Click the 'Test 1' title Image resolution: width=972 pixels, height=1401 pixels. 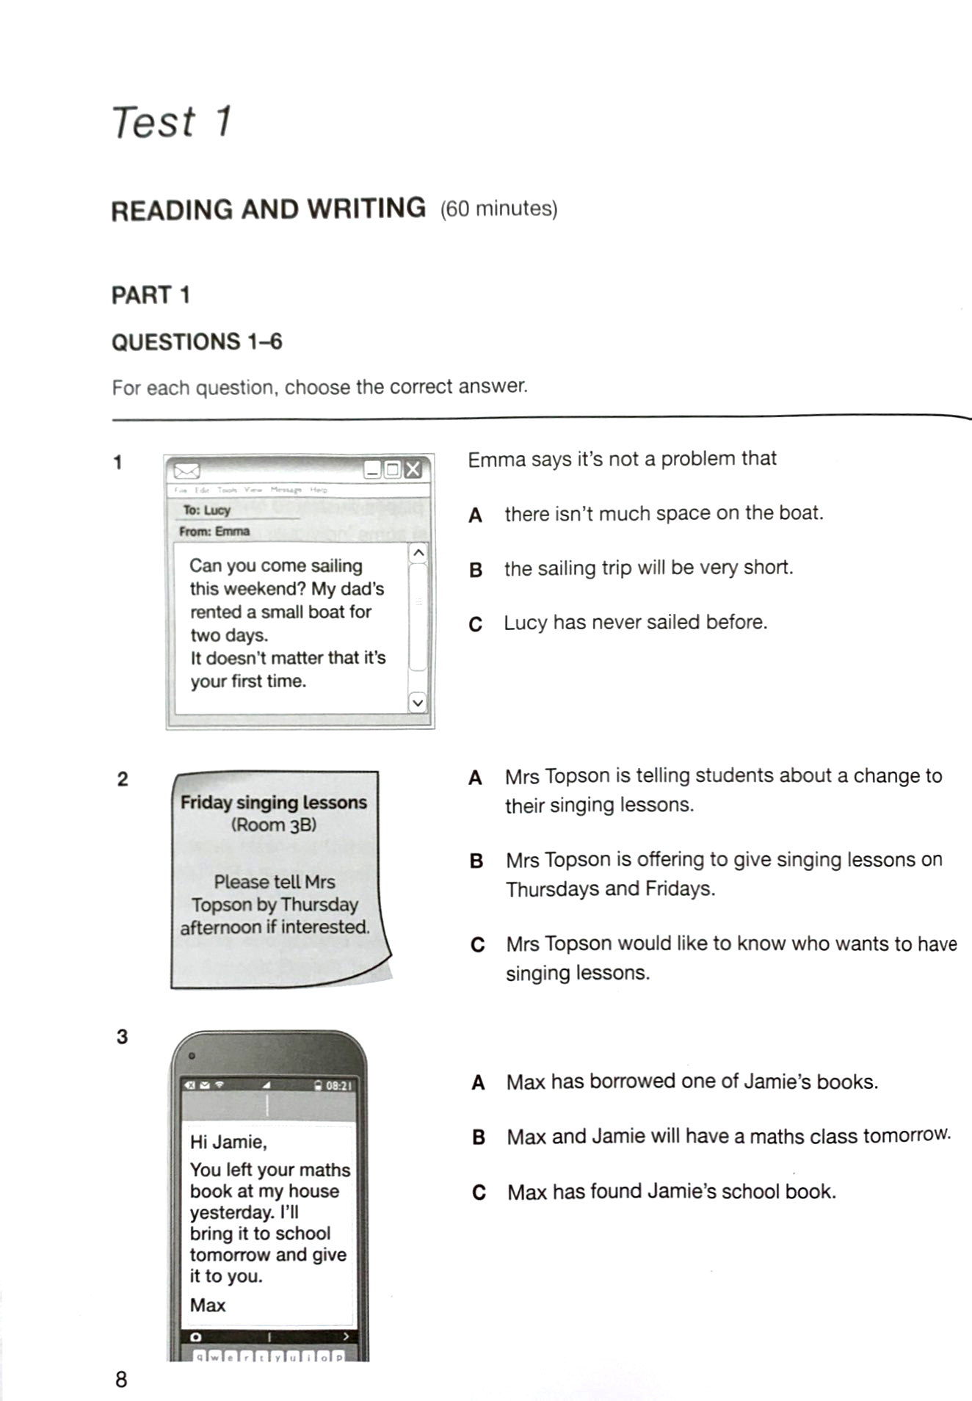click(x=172, y=122)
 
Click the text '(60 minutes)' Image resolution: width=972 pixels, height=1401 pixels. click(x=498, y=209)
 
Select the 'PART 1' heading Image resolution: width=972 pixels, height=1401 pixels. click(x=150, y=295)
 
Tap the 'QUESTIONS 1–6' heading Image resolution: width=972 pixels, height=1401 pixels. click(x=197, y=342)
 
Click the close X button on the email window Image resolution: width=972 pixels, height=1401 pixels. click(x=413, y=469)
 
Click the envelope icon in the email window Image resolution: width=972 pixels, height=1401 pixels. click(x=187, y=470)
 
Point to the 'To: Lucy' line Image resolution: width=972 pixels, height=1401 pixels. click(x=207, y=510)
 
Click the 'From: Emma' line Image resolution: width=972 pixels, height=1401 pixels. click(x=214, y=531)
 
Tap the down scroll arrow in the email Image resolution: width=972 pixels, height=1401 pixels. click(x=417, y=703)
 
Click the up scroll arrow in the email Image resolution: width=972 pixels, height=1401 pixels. click(x=418, y=553)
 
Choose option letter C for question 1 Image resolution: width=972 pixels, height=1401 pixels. click(x=476, y=624)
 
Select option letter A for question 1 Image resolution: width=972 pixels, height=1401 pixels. click(x=476, y=515)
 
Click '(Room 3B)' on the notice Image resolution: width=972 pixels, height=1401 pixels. click(x=274, y=825)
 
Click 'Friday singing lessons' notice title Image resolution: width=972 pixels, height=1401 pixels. click(x=274, y=802)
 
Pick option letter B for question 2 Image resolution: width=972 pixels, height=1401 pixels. click(x=476, y=861)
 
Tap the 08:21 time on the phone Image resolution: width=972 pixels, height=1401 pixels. click(x=338, y=1085)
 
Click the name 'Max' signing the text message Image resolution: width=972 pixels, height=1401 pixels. click(x=208, y=1305)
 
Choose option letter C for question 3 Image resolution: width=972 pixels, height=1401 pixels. click(x=479, y=1192)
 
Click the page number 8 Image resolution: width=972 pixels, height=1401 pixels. click(x=121, y=1380)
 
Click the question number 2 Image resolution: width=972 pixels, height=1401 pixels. click(x=123, y=779)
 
